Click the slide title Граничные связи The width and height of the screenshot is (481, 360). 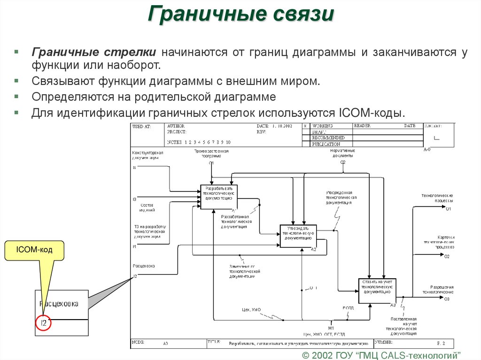[240, 15]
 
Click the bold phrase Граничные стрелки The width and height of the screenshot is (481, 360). [94, 52]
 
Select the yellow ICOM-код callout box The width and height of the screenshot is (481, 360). [34, 251]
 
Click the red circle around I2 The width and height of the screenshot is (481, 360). [43, 323]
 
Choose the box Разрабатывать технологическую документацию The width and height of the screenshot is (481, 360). [219, 197]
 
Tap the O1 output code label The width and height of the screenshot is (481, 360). [448, 208]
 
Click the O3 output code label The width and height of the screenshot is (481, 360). [447, 299]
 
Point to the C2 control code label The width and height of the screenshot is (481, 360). [343, 162]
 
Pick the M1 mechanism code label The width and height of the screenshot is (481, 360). [331, 328]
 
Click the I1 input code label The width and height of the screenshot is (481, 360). [134, 167]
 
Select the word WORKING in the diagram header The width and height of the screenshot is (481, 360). [323, 126]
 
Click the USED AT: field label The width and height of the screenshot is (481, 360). [142, 127]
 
